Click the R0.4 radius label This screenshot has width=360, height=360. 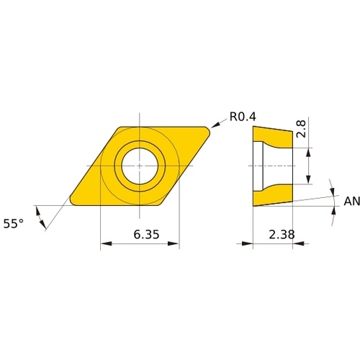[x=243, y=117]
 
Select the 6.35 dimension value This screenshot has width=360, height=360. [x=146, y=235]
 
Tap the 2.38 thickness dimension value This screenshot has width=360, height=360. [x=282, y=235]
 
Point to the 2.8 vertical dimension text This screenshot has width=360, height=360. [x=301, y=129]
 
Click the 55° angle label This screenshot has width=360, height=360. [x=14, y=224]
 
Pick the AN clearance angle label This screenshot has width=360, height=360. [x=352, y=201]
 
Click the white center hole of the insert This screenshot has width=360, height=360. [x=140, y=166]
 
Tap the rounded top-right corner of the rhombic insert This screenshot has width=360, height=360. [x=207, y=131]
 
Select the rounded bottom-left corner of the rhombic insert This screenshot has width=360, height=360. [x=73, y=201]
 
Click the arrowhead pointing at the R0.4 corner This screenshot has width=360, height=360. [x=215, y=125]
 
